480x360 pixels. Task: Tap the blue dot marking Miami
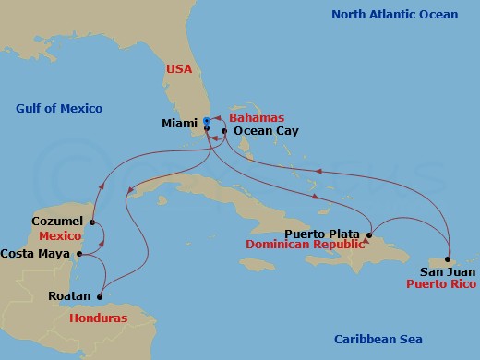(x=207, y=120)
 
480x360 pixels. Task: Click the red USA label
(x=179, y=69)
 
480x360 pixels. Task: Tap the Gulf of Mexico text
(x=59, y=109)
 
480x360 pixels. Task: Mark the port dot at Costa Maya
(x=79, y=253)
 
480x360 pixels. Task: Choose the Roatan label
(x=68, y=296)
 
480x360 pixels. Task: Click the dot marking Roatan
(x=99, y=296)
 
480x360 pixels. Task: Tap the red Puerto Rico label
(x=440, y=286)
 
